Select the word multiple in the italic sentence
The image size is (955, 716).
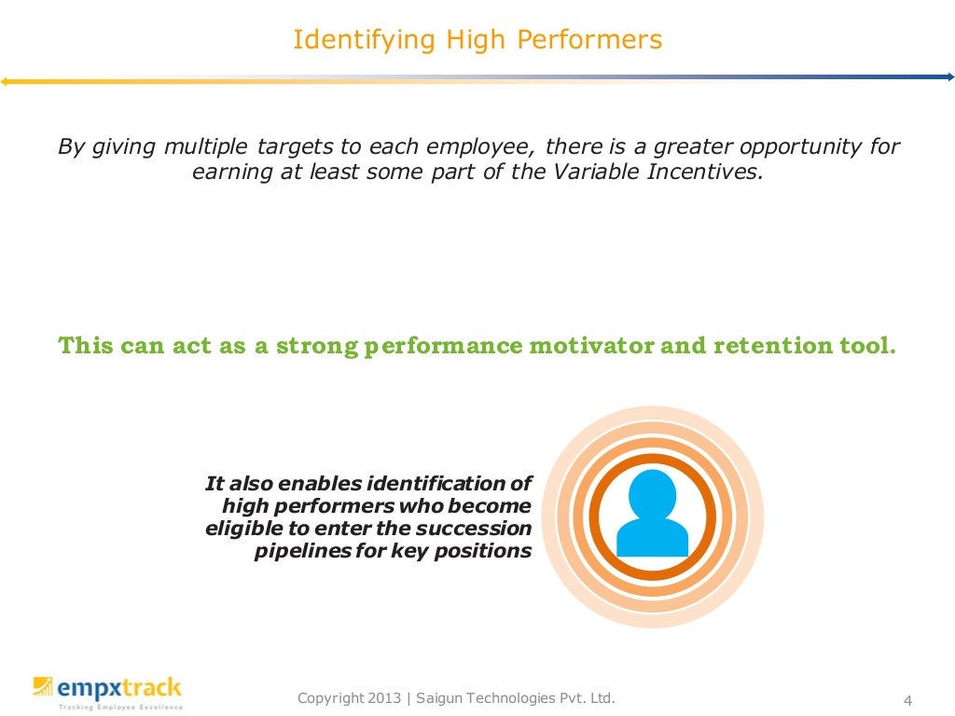[206, 147]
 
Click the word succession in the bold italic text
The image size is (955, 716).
[474, 529]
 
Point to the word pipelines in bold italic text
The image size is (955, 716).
[295, 551]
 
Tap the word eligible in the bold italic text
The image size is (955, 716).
[237, 529]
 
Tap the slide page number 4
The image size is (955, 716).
[907, 701]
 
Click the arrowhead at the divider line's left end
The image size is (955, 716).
[5, 82]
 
